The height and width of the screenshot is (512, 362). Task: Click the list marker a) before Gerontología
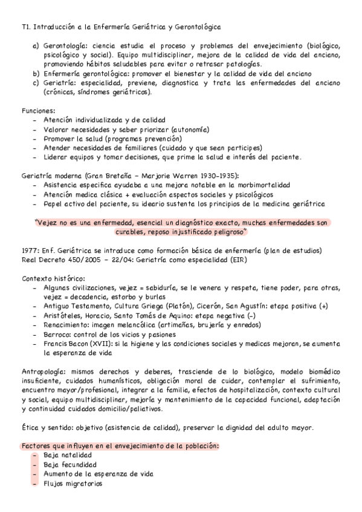tap(36, 45)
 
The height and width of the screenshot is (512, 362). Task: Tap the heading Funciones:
tap(38, 111)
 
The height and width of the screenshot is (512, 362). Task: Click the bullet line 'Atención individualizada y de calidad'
tap(104, 120)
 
